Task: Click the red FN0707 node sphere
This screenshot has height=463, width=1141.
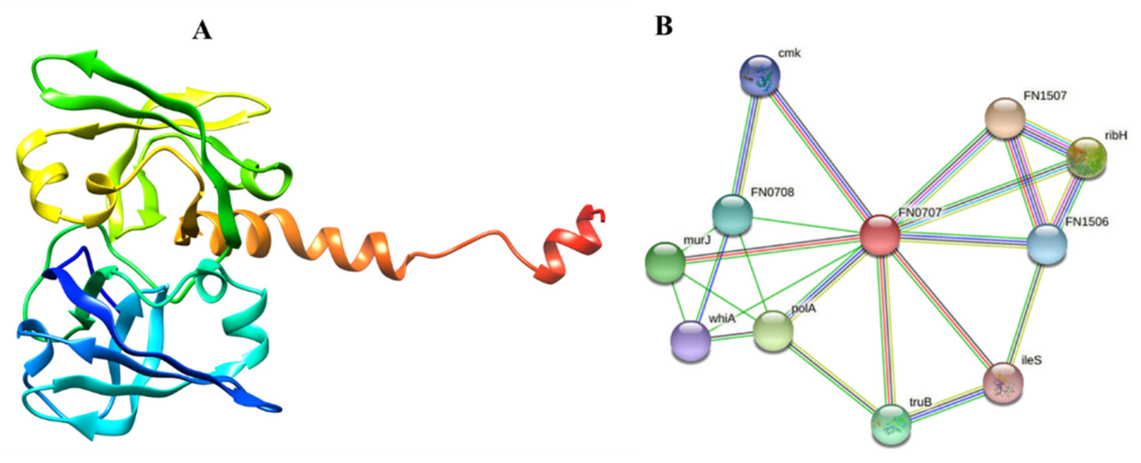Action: click(x=880, y=235)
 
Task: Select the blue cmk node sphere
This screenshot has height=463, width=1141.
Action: click(x=760, y=75)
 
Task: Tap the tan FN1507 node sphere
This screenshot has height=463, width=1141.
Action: click(x=1005, y=118)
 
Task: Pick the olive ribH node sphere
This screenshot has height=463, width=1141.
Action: click(x=1086, y=158)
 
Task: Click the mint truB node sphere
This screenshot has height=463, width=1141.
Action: click(x=891, y=425)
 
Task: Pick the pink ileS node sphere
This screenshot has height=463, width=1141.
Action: click(x=1003, y=383)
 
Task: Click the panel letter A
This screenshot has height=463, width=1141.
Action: click(x=202, y=31)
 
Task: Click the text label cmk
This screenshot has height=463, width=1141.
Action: click(x=789, y=54)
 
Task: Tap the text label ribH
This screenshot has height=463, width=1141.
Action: click(x=1116, y=136)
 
